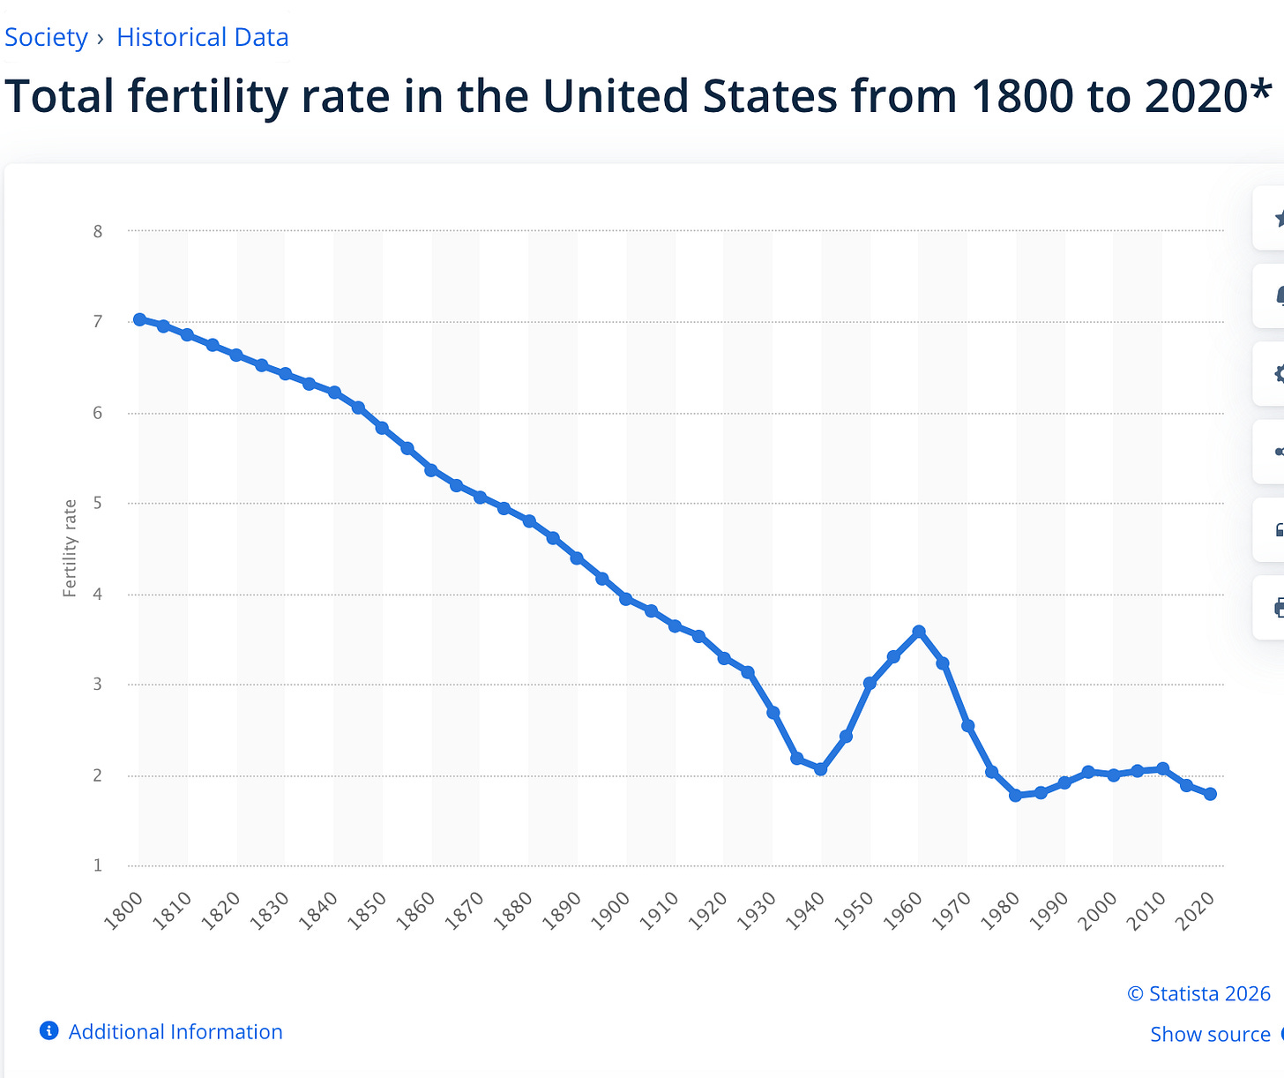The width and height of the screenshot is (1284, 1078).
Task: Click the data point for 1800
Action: point(139,319)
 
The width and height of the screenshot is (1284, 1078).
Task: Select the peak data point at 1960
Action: point(919,632)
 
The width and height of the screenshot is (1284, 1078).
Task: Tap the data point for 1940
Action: point(820,768)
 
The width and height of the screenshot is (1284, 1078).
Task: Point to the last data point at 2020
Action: point(1210,794)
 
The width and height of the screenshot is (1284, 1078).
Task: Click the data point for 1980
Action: point(1015,795)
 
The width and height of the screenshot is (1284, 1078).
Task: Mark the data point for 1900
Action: point(626,599)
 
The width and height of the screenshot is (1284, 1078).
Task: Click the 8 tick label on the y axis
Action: point(98,231)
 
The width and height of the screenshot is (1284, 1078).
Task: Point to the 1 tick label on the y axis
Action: point(98,865)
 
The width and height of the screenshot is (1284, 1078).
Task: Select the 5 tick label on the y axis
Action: point(98,503)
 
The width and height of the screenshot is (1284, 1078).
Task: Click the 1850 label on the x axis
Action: point(367,910)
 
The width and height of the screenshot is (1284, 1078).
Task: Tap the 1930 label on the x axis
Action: point(757,910)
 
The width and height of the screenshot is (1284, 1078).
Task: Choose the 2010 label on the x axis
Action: point(1146,910)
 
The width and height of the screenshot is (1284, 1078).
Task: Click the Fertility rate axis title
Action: point(70,548)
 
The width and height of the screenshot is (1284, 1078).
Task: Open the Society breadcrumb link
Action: point(46,37)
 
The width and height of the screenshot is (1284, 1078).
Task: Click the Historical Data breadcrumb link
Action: point(202,37)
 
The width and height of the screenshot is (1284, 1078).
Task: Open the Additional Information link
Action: point(175,1031)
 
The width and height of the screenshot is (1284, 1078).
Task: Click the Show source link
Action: point(1210,1034)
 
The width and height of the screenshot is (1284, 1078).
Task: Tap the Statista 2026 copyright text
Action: point(1198,993)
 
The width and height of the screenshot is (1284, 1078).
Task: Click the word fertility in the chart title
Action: point(208,97)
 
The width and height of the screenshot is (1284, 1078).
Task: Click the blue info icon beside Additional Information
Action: point(49,1030)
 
